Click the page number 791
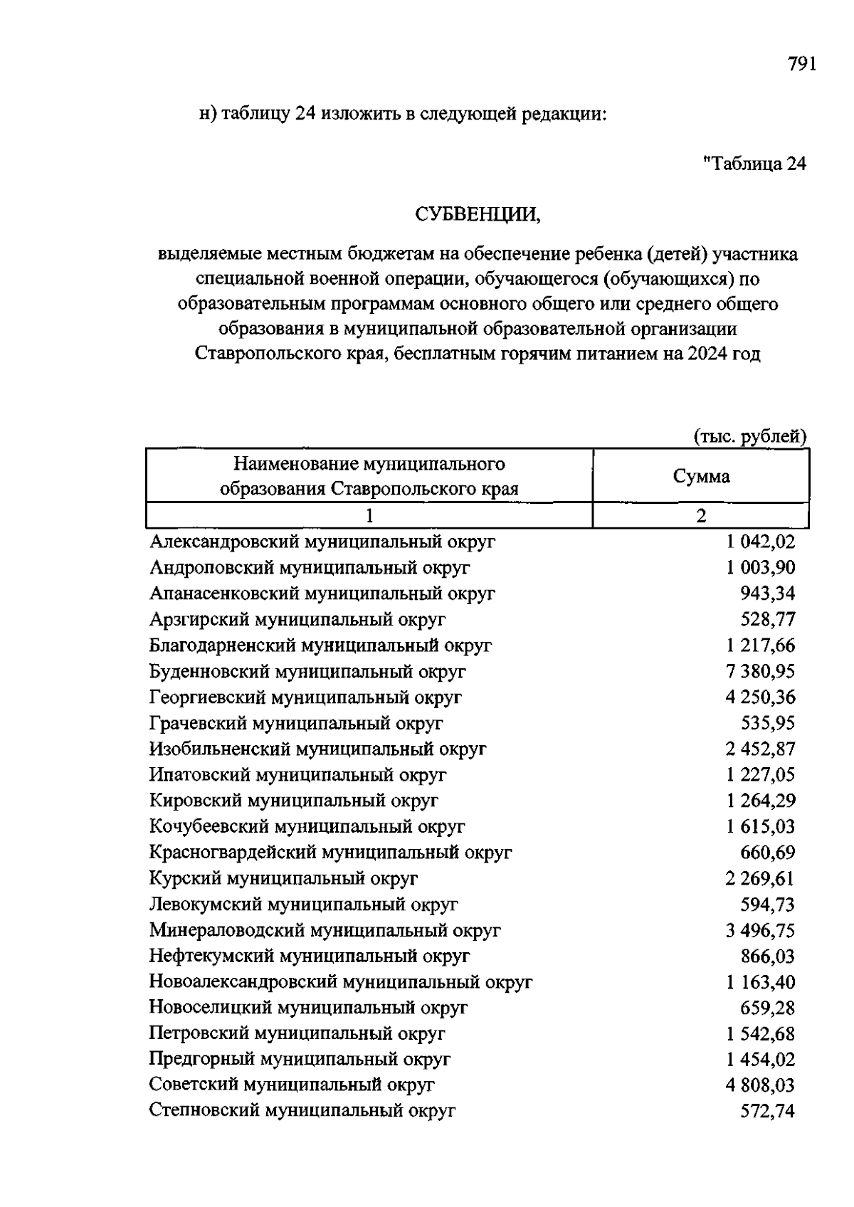pyautogui.click(x=801, y=65)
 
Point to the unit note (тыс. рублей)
pyautogui.click(x=750, y=436)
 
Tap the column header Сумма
pyautogui.click(x=701, y=476)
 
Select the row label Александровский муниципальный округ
pyautogui.click(x=322, y=542)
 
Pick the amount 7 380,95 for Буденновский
pyautogui.click(x=760, y=672)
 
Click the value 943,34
pyautogui.click(x=767, y=594)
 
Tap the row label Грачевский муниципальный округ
pyautogui.click(x=296, y=724)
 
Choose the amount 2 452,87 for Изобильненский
pyautogui.click(x=760, y=749)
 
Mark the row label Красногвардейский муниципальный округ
pyautogui.click(x=330, y=853)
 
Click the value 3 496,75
pyautogui.click(x=760, y=931)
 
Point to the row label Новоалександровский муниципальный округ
pyautogui.click(x=340, y=983)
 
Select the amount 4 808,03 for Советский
pyautogui.click(x=760, y=1086)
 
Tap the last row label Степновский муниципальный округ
pyautogui.click(x=302, y=1111)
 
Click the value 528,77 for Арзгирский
pyautogui.click(x=767, y=620)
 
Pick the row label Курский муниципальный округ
pyautogui.click(x=283, y=879)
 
